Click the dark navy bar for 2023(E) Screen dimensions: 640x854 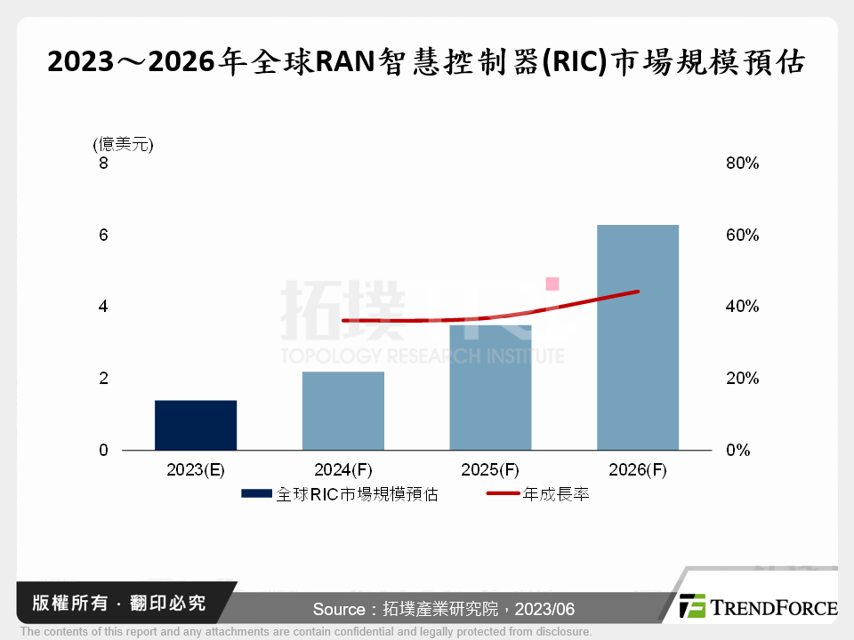click(196, 425)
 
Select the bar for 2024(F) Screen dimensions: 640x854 click(343, 411)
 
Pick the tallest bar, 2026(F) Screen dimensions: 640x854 click(638, 338)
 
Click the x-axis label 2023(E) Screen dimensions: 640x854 click(196, 470)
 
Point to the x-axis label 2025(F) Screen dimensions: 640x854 click(490, 470)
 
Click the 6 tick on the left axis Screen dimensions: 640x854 click(103, 236)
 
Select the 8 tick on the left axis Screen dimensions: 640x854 click(103, 164)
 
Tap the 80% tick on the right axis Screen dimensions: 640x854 click(741, 164)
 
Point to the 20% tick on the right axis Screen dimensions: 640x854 click(741, 379)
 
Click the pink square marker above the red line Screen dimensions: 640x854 click(552, 284)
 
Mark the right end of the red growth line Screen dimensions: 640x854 click(638, 292)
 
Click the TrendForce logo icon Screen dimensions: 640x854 click(693, 606)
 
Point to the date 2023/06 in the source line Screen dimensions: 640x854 click(549, 610)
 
